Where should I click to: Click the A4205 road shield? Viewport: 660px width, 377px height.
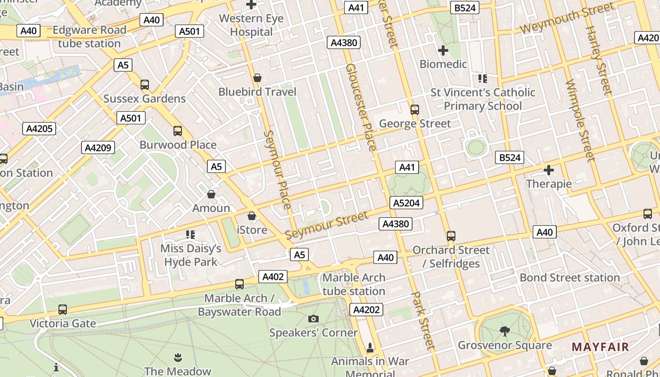40,129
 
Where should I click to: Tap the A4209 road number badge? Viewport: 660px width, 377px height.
98,148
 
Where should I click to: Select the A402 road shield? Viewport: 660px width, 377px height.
273,277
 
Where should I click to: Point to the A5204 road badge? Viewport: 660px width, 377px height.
406,203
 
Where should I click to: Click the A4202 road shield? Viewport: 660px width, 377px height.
366,309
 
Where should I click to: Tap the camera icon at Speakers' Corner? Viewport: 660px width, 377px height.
313,319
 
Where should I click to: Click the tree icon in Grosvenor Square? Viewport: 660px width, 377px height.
504,331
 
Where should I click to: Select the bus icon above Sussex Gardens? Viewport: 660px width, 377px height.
145,85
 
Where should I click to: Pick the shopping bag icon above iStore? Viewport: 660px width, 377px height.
252,216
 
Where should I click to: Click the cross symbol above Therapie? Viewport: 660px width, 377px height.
549,170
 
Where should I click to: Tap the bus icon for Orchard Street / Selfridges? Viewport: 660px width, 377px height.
451,236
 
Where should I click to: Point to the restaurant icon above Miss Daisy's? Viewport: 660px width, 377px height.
190,234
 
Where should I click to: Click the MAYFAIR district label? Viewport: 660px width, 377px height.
600,347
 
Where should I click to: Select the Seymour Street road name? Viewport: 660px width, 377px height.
327,225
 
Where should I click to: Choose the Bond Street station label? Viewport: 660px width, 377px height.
569,278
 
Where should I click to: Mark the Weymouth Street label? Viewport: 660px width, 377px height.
567,18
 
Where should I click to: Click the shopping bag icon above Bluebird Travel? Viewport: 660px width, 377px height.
257,78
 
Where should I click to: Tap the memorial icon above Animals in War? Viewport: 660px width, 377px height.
370,348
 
